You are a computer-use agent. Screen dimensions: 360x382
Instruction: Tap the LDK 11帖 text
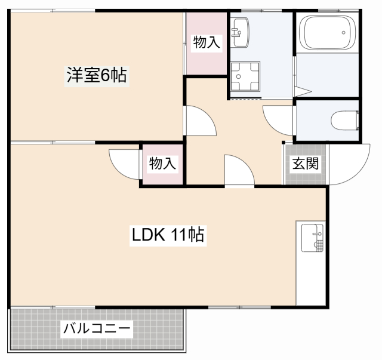coord(168,235)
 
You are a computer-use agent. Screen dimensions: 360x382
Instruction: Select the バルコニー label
coord(96,329)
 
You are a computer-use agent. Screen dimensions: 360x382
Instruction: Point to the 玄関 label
coord(304,164)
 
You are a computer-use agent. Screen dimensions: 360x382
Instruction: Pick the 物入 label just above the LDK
coord(162,164)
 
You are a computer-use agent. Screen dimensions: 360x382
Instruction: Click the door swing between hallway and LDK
coord(238,170)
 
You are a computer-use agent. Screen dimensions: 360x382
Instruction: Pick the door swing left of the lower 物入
coord(124,162)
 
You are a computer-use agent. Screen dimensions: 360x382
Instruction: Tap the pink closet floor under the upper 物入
coord(206,62)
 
